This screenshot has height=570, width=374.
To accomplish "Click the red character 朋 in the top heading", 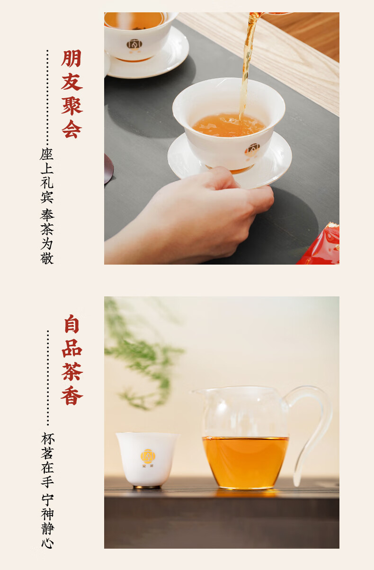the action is tap(71, 58).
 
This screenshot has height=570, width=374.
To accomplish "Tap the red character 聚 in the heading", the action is tap(72, 106).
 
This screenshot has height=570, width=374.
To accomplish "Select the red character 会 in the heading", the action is tap(72, 129).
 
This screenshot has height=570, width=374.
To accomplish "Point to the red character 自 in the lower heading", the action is tap(72, 324).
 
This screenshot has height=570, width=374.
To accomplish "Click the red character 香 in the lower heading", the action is tap(72, 395).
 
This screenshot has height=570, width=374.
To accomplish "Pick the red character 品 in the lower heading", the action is tap(72, 348).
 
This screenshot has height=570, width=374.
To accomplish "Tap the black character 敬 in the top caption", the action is tap(47, 258).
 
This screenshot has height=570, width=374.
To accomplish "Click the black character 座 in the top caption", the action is tap(47, 154).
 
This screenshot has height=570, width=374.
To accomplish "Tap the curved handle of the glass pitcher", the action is tap(315, 430).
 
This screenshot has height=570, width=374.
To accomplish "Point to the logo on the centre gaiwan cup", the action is tap(252, 150).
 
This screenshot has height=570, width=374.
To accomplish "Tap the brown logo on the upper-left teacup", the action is tap(134, 44).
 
